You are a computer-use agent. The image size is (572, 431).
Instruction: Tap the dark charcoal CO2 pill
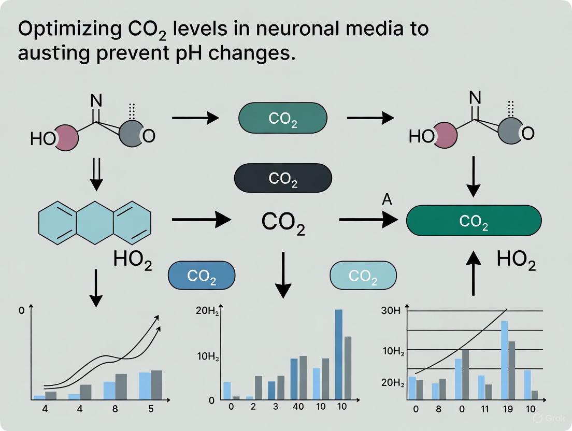(x=283, y=179)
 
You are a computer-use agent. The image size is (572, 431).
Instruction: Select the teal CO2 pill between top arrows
(x=283, y=119)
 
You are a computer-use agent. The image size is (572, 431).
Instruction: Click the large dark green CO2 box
(x=474, y=221)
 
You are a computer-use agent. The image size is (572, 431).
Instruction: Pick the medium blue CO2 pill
(x=202, y=275)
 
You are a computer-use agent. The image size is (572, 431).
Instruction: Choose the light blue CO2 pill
(x=363, y=275)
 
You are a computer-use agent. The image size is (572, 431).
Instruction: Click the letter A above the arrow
(x=387, y=200)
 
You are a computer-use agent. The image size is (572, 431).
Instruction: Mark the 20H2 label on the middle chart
(x=206, y=311)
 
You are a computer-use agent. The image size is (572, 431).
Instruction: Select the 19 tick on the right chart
(x=507, y=409)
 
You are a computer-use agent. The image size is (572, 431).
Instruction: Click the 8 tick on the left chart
(x=115, y=409)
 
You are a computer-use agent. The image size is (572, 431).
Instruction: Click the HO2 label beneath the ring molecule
(x=132, y=261)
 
